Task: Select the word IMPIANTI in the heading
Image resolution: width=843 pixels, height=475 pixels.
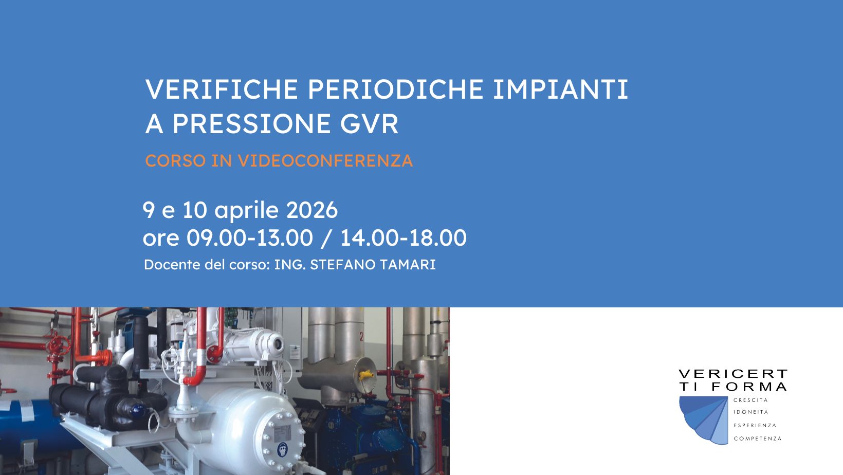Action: [x=560, y=89]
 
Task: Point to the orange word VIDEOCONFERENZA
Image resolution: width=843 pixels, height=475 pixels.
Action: [x=325, y=161]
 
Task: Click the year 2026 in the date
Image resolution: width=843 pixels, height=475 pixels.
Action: [x=312, y=210]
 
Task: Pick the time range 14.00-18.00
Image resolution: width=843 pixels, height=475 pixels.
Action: [x=404, y=238]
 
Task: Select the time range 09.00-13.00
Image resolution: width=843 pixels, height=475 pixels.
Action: [x=249, y=238]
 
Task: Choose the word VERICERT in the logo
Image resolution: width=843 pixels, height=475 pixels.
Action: [x=733, y=374]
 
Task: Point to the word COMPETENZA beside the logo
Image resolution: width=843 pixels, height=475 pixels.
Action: [x=758, y=439]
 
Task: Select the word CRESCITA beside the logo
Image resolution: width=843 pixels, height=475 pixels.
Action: [x=750, y=400]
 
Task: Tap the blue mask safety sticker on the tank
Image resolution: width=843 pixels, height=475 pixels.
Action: [x=283, y=449]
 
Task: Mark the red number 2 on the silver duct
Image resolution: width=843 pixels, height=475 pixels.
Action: [x=362, y=336]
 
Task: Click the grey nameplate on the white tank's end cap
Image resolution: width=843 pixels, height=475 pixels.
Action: [x=282, y=433]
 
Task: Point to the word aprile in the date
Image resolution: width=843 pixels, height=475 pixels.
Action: [x=247, y=210]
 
